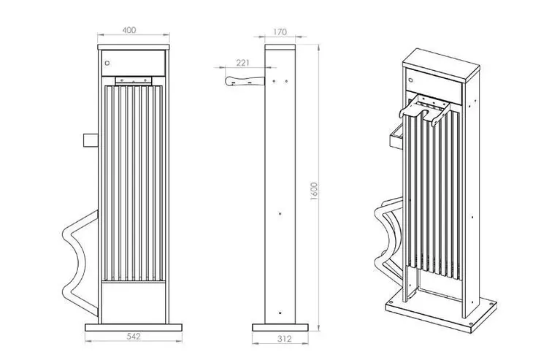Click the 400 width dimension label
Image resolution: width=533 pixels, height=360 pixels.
pos(129,30)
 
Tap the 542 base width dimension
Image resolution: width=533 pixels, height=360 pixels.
pos(134,337)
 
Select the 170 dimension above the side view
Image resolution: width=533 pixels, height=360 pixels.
pos(280,32)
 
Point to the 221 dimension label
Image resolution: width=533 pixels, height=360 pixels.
pos(242,63)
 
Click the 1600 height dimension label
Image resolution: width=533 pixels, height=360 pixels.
pos(314,191)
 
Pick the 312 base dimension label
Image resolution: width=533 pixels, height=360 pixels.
pos(284,339)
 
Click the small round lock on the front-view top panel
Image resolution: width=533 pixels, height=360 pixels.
pos(107,63)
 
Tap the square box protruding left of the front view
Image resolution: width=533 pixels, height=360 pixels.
pos(91,140)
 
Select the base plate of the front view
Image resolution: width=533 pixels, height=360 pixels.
pos(134,327)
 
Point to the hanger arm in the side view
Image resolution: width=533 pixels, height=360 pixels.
pos(245,81)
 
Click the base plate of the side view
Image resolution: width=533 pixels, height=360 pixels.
pos(280,327)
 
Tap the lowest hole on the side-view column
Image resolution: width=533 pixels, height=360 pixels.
pos(280,313)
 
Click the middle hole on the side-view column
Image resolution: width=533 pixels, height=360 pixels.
pos(280,213)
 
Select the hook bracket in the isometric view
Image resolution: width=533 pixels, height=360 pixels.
pos(425,110)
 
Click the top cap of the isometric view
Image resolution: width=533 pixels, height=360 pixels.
pos(441,64)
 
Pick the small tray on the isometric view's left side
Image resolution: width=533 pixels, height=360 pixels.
pos(396,137)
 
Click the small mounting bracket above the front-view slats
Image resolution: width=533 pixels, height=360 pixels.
pos(133,81)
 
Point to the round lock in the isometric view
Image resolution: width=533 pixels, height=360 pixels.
pos(410,80)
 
